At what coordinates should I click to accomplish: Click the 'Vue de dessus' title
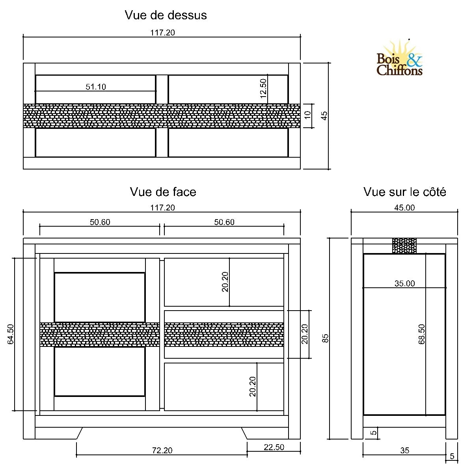click(x=166, y=15)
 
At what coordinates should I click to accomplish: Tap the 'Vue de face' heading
click(x=163, y=192)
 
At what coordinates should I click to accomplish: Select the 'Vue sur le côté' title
click(x=404, y=192)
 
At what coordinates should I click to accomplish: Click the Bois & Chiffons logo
click(x=399, y=59)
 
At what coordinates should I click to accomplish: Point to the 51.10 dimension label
click(x=96, y=87)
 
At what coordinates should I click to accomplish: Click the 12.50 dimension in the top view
click(x=263, y=88)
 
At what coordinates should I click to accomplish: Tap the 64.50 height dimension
click(x=11, y=334)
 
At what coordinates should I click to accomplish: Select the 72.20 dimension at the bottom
click(x=162, y=450)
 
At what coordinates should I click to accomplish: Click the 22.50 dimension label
click(x=274, y=447)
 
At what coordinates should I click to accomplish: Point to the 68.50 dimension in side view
click(x=422, y=334)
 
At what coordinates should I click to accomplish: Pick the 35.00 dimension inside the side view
click(x=404, y=283)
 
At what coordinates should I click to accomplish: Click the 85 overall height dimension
click(x=325, y=338)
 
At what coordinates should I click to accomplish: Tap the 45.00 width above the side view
click(x=404, y=208)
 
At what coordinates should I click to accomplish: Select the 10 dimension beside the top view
click(x=308, y=115)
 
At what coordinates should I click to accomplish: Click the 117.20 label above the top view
click(x=162, y=33)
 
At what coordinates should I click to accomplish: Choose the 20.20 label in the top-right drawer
click(x=225, y=282)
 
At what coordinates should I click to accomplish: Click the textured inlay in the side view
click(x=404, y=246)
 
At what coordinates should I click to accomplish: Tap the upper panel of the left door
click(x=99, y=297)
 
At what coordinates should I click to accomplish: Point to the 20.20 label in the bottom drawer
click(x=253, y=386)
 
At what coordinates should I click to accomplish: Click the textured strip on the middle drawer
click(x=224, y=335)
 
